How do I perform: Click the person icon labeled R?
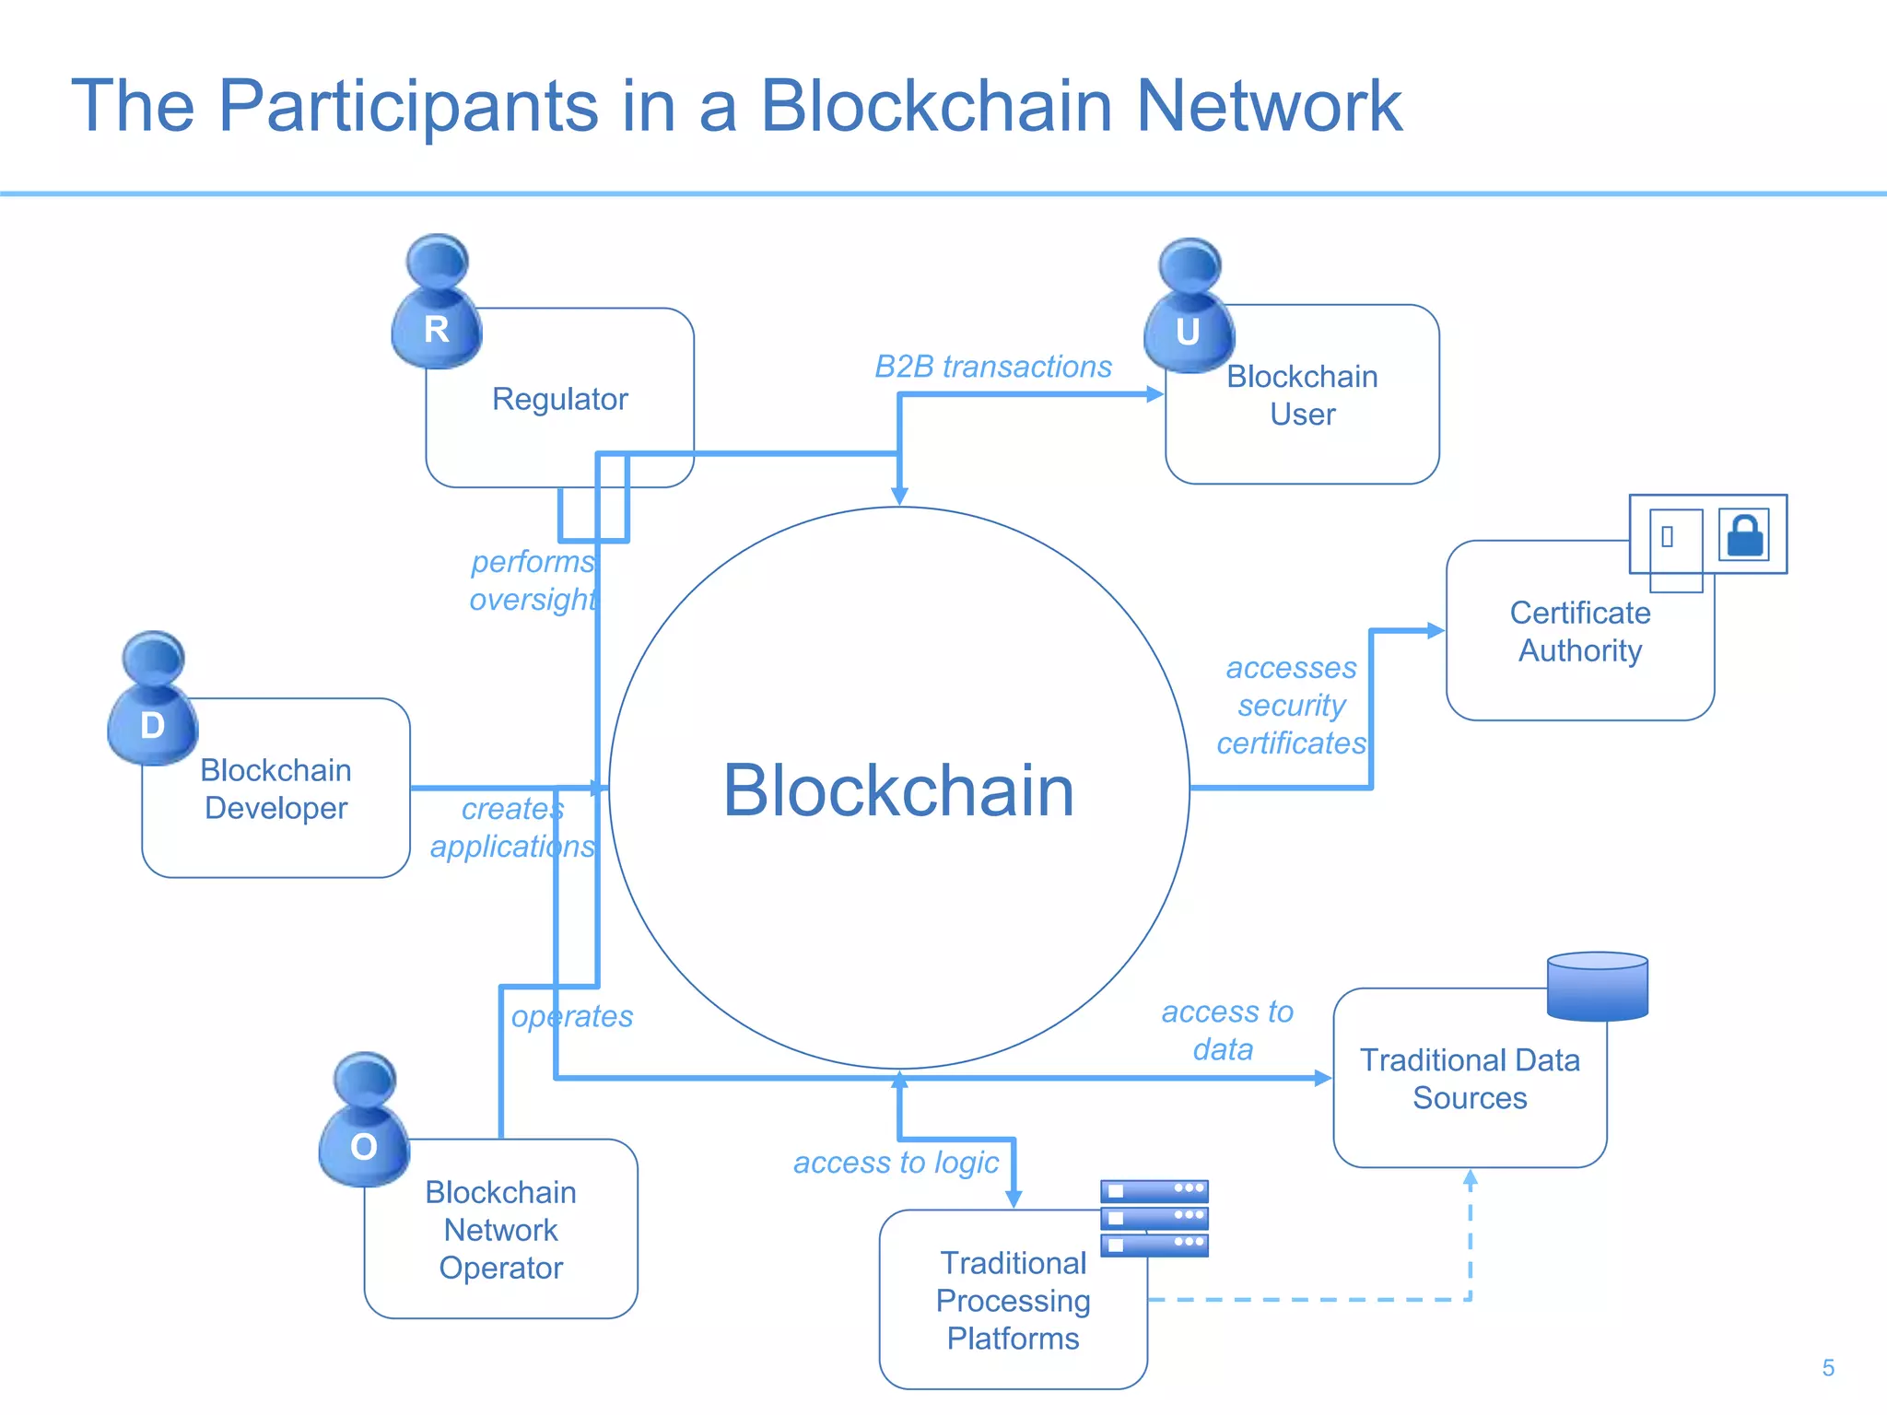point(437,304)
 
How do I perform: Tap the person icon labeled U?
point(1189,309)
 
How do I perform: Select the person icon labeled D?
point(153,700)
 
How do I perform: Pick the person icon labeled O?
point(364,1121)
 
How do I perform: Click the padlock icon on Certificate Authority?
point(1744,535)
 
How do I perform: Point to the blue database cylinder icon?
point(1597,987)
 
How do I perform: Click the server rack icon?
point(1154,1218)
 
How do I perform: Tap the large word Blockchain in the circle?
point(898,790)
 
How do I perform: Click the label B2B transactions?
point(992,367)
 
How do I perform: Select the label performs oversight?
point(533,580)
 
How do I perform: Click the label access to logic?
point(896,1163)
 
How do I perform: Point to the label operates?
point(572,1016)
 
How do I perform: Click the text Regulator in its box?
point(559,399)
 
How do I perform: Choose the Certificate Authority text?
point(1579,632)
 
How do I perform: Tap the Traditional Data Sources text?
point(1470,1079)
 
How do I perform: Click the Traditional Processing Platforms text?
point(1013,1300)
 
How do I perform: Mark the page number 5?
point(1828,1368)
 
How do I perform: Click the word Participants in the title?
point(408,107)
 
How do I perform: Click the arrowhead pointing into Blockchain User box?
point(1155,394)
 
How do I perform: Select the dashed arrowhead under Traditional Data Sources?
point(1471,1178)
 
